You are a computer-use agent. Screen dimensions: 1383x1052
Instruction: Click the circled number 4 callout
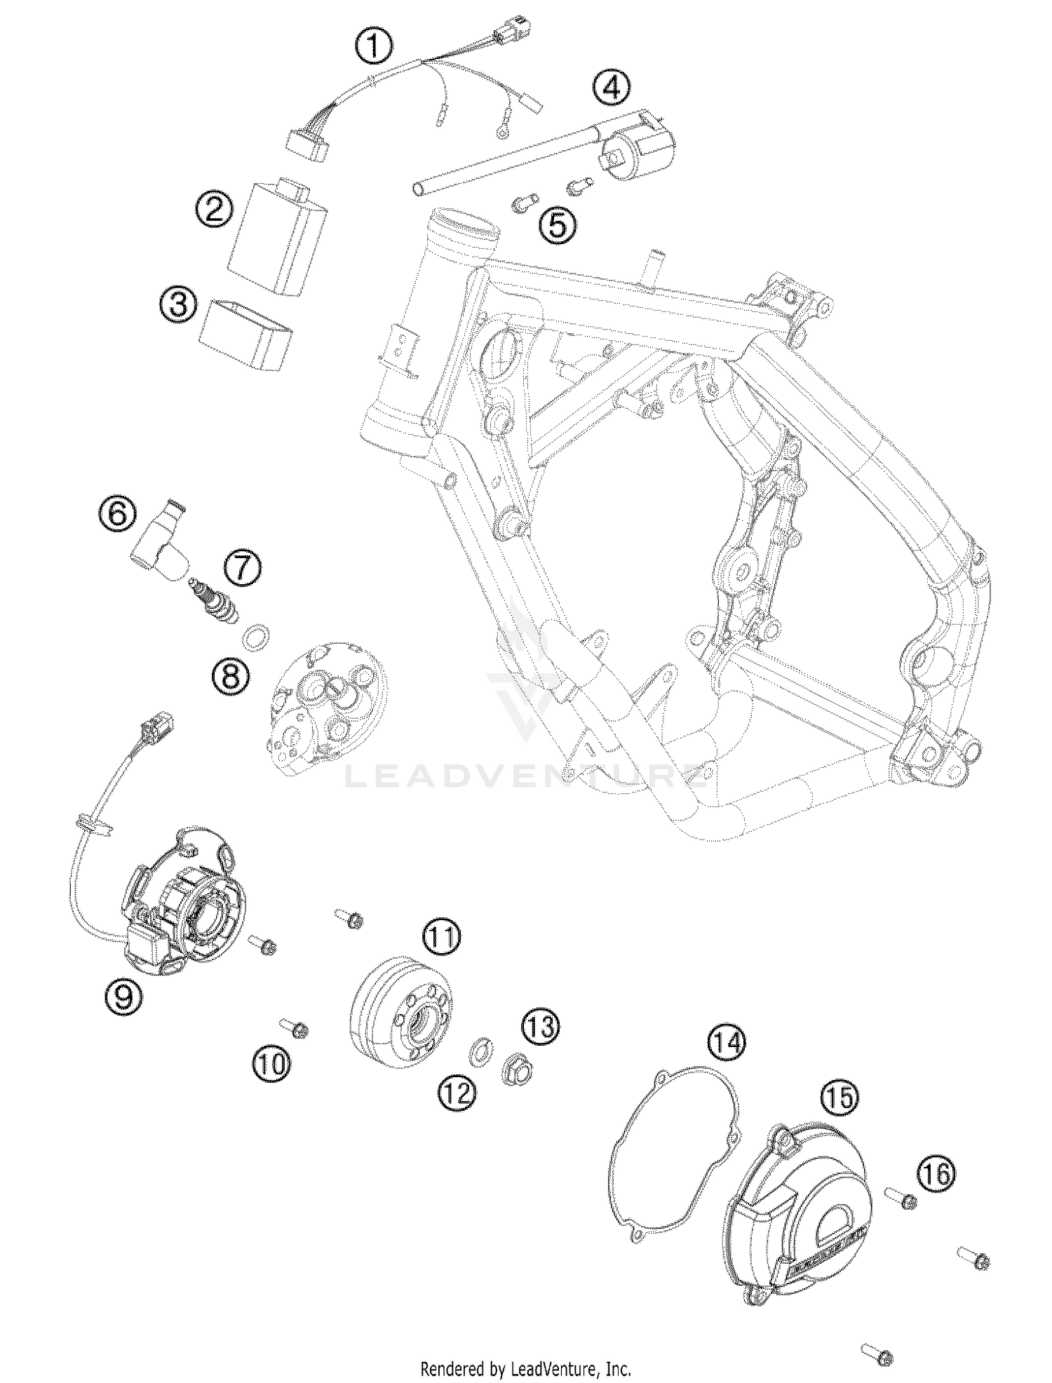click(x=611, y=88)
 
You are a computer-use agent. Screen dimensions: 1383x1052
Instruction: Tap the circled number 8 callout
click(x=231, y=677)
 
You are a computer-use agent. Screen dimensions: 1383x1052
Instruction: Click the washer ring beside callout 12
click(x=478, y=1051)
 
